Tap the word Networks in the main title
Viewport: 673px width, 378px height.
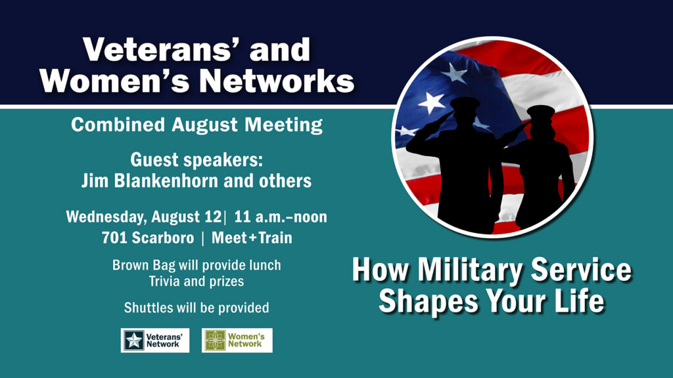pos(277,81)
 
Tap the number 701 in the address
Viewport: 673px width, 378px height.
pos(114,238)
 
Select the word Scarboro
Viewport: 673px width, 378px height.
pos(163,238)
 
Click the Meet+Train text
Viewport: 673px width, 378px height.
pos(252,238)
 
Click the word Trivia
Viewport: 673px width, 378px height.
pos(164,281)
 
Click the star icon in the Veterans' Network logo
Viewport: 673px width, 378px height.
pos(134,341)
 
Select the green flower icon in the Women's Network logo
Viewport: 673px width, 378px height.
pos(215,341)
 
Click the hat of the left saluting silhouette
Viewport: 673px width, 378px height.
pos(465,103)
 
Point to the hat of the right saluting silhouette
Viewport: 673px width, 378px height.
pos(541,112)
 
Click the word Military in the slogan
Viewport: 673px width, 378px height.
pos(470,270)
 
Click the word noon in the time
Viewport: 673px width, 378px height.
pos(311,217)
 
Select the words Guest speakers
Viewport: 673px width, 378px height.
pos(196,160)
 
